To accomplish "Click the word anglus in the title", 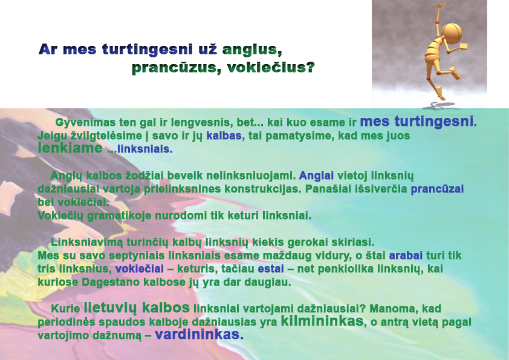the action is pyautogui.click(x=252, y=49).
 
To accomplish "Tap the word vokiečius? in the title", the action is pyautogui.click(x=271, y=68).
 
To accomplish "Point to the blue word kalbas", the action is pyautogui.click(x=224, y=136).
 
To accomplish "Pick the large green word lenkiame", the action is pyautogui.click(x=70, y=148).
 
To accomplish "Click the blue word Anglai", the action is pyautogui.click(x=316, y=176).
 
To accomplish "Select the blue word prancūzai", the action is pyautogui.click(x=437, y=189).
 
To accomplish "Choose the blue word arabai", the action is pyautogui.click(x=406, y=255).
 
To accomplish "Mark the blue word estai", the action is pyautogui.click(x=271, y=269).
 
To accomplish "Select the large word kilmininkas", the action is pyautogui.click(x=322, y=321).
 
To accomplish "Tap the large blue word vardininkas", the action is pyautogui.click(x=199, y=335).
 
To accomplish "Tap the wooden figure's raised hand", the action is pyautogui.click(x=440, y=7).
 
